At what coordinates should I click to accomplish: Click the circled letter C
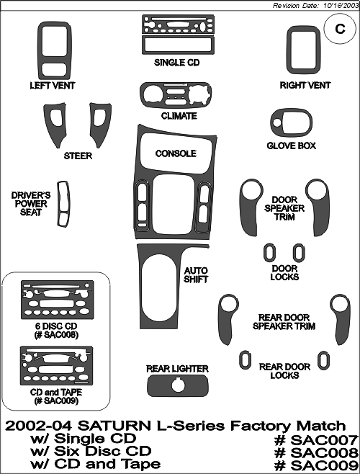[340, 29]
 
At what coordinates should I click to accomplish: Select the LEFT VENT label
[53, 86]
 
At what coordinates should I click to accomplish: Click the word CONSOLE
[176, 153]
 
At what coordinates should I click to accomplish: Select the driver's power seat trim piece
[63, 204]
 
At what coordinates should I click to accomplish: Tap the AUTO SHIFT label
[196, 274]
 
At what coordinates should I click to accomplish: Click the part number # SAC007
[316, 440]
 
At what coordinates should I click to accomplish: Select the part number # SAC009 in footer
[316, 465]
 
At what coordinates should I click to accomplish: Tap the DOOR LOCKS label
[284, 272]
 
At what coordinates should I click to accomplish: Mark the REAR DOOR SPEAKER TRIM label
[284, 322]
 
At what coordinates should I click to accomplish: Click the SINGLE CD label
[177, 63]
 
